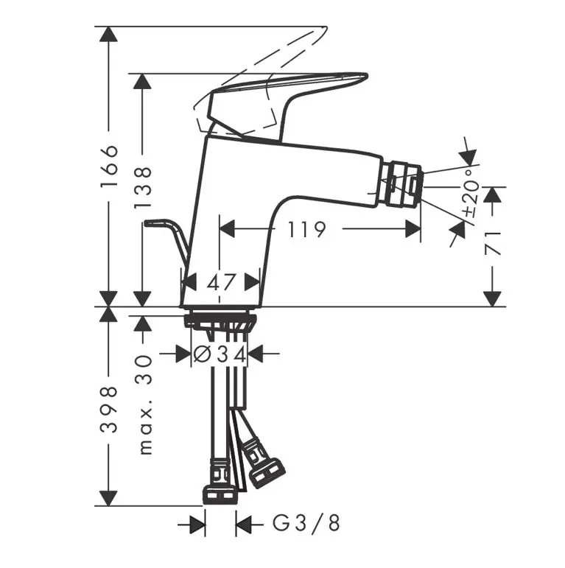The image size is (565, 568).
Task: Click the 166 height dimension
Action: point(110,166)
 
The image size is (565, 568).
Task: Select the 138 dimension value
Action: point(142,188)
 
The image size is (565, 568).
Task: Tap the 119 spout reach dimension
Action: point(306,229)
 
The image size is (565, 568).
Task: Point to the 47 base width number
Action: point(221,282)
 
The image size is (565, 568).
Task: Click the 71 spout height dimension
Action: point(493,243)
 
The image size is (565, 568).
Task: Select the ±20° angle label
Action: point(471,193)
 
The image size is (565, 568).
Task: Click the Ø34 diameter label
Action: point(220,354)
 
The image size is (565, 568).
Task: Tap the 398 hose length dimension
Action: point(109,410)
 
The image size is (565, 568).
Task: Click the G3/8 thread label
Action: point(306,524)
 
